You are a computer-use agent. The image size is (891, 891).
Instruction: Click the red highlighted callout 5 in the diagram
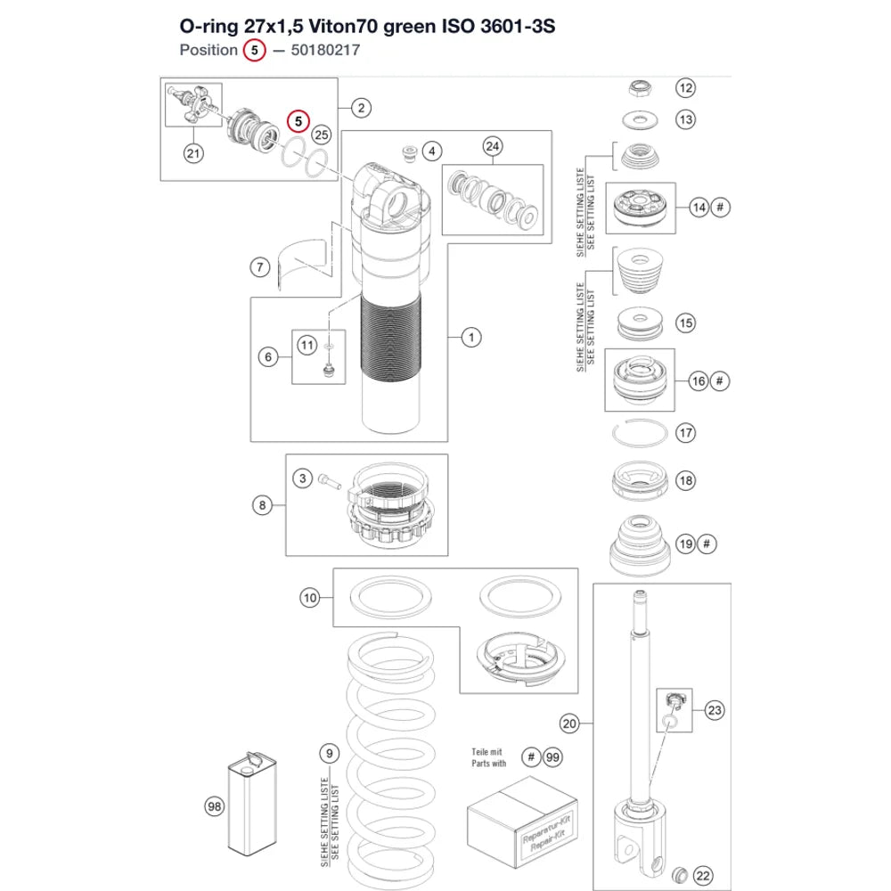click(298, 121)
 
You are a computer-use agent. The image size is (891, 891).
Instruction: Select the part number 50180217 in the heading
click(325, 50)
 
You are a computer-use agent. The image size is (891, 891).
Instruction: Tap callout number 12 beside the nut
click(686, 88)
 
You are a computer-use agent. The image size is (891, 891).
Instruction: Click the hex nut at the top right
click(640, 88)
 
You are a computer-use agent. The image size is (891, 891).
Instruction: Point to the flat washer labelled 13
click(640, 120)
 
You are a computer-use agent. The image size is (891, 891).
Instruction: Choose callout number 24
click(493, 147)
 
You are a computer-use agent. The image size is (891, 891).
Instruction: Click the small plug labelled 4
click(409, 153)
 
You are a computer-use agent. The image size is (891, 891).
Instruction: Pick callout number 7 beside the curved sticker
click(260, 267)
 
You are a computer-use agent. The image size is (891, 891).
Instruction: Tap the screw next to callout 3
click(329, 481)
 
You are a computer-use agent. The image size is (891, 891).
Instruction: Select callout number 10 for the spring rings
click(310, 598)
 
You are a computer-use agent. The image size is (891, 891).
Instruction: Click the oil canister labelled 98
click(252, 804)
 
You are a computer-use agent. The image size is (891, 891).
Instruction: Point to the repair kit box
click(522, 822)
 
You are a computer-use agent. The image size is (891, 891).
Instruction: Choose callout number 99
click(552, 757)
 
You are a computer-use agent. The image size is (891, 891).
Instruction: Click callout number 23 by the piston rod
click(715, 710)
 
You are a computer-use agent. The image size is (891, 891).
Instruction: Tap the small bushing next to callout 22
click(679, 874)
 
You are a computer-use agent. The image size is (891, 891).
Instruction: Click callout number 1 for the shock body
click(471, 338)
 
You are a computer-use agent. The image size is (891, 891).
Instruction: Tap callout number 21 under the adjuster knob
click(193, 153)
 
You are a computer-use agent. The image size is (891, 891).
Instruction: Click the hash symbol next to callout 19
click(707, 544)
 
